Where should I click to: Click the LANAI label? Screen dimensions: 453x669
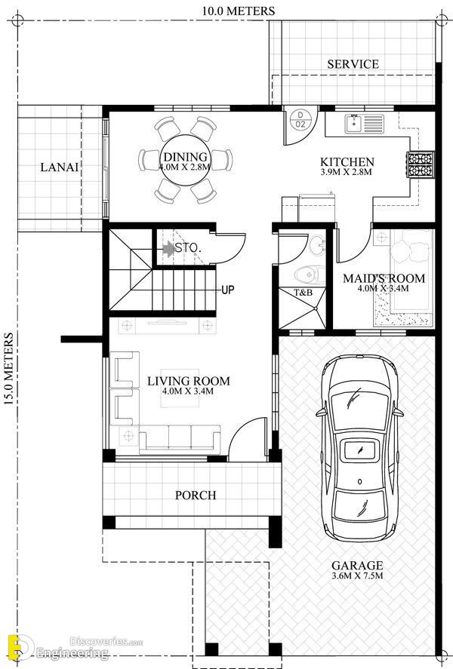pos(60,167)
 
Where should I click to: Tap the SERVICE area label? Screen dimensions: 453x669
pos(353,64)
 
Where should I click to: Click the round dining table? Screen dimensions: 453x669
pos(185,160)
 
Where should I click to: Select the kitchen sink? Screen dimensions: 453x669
pos(364,124)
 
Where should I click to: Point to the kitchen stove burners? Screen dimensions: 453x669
pos(421,164)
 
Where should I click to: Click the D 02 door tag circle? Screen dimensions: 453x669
pos(300,119)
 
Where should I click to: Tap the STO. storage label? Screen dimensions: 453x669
pos(188,247)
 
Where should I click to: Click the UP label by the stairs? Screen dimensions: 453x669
pos(227,290)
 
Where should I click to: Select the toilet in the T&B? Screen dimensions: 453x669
pos(310,275)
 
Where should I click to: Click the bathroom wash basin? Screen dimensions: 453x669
pos(317,245)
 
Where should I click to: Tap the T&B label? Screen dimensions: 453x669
pos(303,293)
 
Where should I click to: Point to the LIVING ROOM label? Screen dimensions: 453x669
pos(188,381)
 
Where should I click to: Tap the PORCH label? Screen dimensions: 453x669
pos(196,495)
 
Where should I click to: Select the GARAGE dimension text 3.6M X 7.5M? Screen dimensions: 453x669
pos(357,576)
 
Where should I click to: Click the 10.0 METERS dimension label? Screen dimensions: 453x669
pos(239,11)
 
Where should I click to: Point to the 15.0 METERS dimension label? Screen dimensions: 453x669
pos(8,369)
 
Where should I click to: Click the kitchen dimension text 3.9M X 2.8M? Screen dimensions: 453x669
pos(346,173)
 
